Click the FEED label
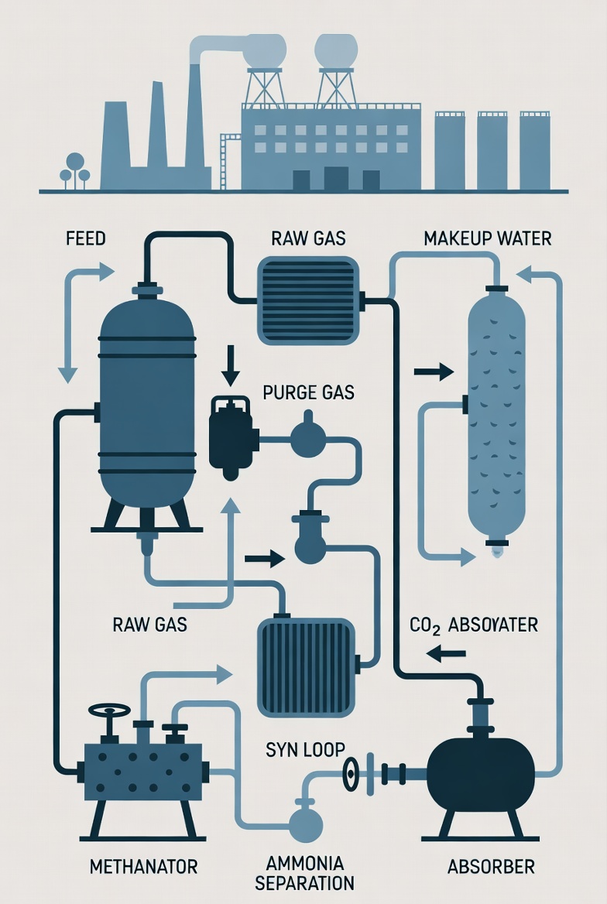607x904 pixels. (85, 238)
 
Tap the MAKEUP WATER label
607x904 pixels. (488, 238)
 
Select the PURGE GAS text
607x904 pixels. (308, 392)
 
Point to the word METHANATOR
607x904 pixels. (144, 866)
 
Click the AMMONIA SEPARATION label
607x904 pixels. (305, 872)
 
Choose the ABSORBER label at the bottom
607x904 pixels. (491, 866)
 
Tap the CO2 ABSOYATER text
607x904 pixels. (473, 625)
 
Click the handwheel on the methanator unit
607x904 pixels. (109, 711)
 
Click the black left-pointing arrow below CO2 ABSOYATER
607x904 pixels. (446, 654)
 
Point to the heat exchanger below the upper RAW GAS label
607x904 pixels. (308, 300)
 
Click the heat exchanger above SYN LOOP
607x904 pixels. (305, 666)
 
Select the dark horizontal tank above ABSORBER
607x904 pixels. (481, 774)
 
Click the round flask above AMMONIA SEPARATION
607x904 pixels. (305, 825)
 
